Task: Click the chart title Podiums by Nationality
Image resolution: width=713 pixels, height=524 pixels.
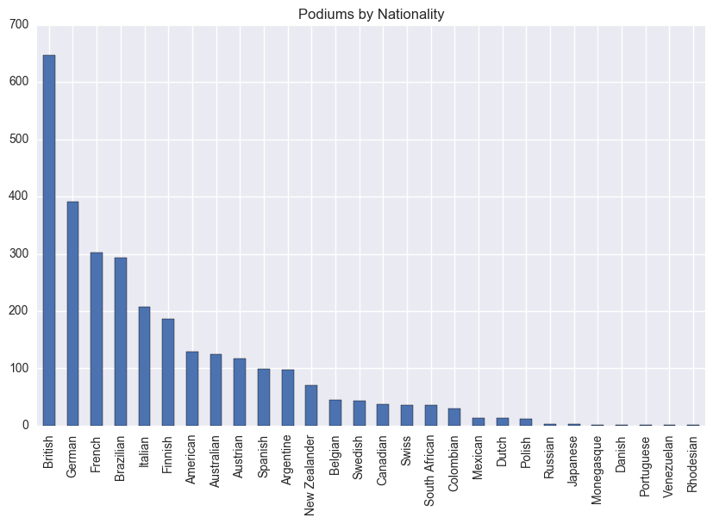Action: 371,14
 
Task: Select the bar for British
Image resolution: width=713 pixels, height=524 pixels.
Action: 49,240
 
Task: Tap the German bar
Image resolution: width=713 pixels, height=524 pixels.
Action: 73,314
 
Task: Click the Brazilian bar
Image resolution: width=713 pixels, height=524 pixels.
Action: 121,341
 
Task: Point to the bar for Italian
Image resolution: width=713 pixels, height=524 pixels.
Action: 145,366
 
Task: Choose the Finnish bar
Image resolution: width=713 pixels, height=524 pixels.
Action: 168,372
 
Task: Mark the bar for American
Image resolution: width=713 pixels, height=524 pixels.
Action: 192,389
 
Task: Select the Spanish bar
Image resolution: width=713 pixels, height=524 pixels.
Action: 264,397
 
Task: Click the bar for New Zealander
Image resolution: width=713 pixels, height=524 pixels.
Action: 311,405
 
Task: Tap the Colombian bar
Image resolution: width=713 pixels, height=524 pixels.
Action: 454,417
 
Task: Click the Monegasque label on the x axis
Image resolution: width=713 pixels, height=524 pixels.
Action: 597,471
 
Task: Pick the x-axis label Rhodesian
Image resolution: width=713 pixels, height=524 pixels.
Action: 692,464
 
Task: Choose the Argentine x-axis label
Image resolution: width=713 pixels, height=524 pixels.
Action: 288,461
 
